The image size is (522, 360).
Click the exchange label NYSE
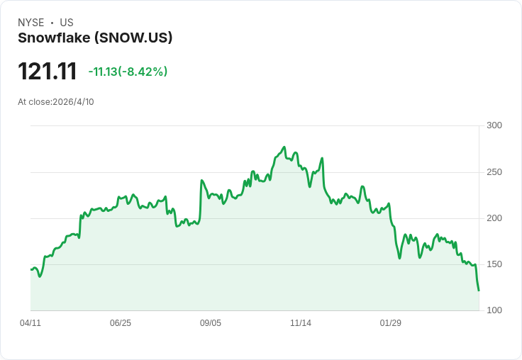click(x=31, y=23)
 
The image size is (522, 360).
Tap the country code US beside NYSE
click(x=67, y=23)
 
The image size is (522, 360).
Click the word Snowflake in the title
click(x=54, y=38)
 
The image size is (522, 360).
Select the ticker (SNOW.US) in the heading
click(x=133, y=38)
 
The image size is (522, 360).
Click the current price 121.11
click(x=48, y=71)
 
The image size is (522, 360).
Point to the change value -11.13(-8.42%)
click(x=128, y=72)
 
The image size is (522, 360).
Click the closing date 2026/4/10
click(x=73, y=102)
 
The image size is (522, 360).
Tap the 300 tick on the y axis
click(x=494, y=125)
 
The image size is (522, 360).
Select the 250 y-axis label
click(x=494, y=172)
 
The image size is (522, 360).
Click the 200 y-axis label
click(x=494, y=218)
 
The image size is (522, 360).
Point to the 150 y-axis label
click(x=494, y=264)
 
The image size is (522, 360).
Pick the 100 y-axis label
click(x=494, y=310)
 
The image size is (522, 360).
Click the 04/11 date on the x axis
click(x=30, y=323)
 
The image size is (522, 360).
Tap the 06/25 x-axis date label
click(x=121, y=323)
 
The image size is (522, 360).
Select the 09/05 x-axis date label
click(x=211, y=323)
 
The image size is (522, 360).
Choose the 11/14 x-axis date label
click(x=301, y=323)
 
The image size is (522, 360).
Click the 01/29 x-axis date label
click(x=391, y=323)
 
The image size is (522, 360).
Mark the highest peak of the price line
click(x=284, y=147)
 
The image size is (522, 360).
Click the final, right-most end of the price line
click(x=479, y=291)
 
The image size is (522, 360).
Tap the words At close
click(x=34, y=102)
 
